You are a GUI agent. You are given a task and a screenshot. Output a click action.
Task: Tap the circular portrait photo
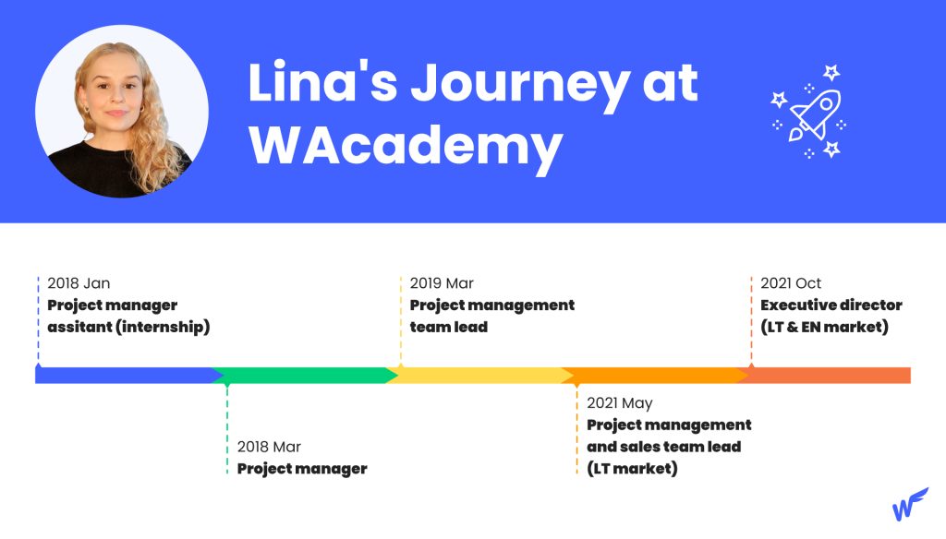(122, 112)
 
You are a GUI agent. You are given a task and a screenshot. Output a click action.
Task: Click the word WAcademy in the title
(406, 146)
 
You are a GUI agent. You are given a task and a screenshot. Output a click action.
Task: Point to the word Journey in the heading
(520, 84)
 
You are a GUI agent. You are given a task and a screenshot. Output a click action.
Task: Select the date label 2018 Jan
(79, 283)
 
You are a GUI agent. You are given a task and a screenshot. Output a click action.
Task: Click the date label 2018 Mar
(269, 447)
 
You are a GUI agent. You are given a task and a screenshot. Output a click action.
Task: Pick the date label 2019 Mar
(442, 283)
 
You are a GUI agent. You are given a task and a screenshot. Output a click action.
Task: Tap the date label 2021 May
(620, 403)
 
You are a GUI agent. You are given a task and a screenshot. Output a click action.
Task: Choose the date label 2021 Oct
(791, 283)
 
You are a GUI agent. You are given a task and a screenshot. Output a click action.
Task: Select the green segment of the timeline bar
(303, 376)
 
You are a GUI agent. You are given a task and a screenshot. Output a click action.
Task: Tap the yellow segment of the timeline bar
(479, 376)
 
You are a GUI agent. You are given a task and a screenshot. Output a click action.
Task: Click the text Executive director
(831, 305)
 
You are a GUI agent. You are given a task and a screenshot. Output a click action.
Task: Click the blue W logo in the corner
(910, 504)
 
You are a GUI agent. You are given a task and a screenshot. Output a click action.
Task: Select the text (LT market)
(632, 469)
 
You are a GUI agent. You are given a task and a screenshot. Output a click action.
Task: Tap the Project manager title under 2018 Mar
(302, 469)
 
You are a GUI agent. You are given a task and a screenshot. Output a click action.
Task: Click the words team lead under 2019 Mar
(449, 327)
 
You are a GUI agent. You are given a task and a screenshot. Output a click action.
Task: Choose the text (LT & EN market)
(825, 327)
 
